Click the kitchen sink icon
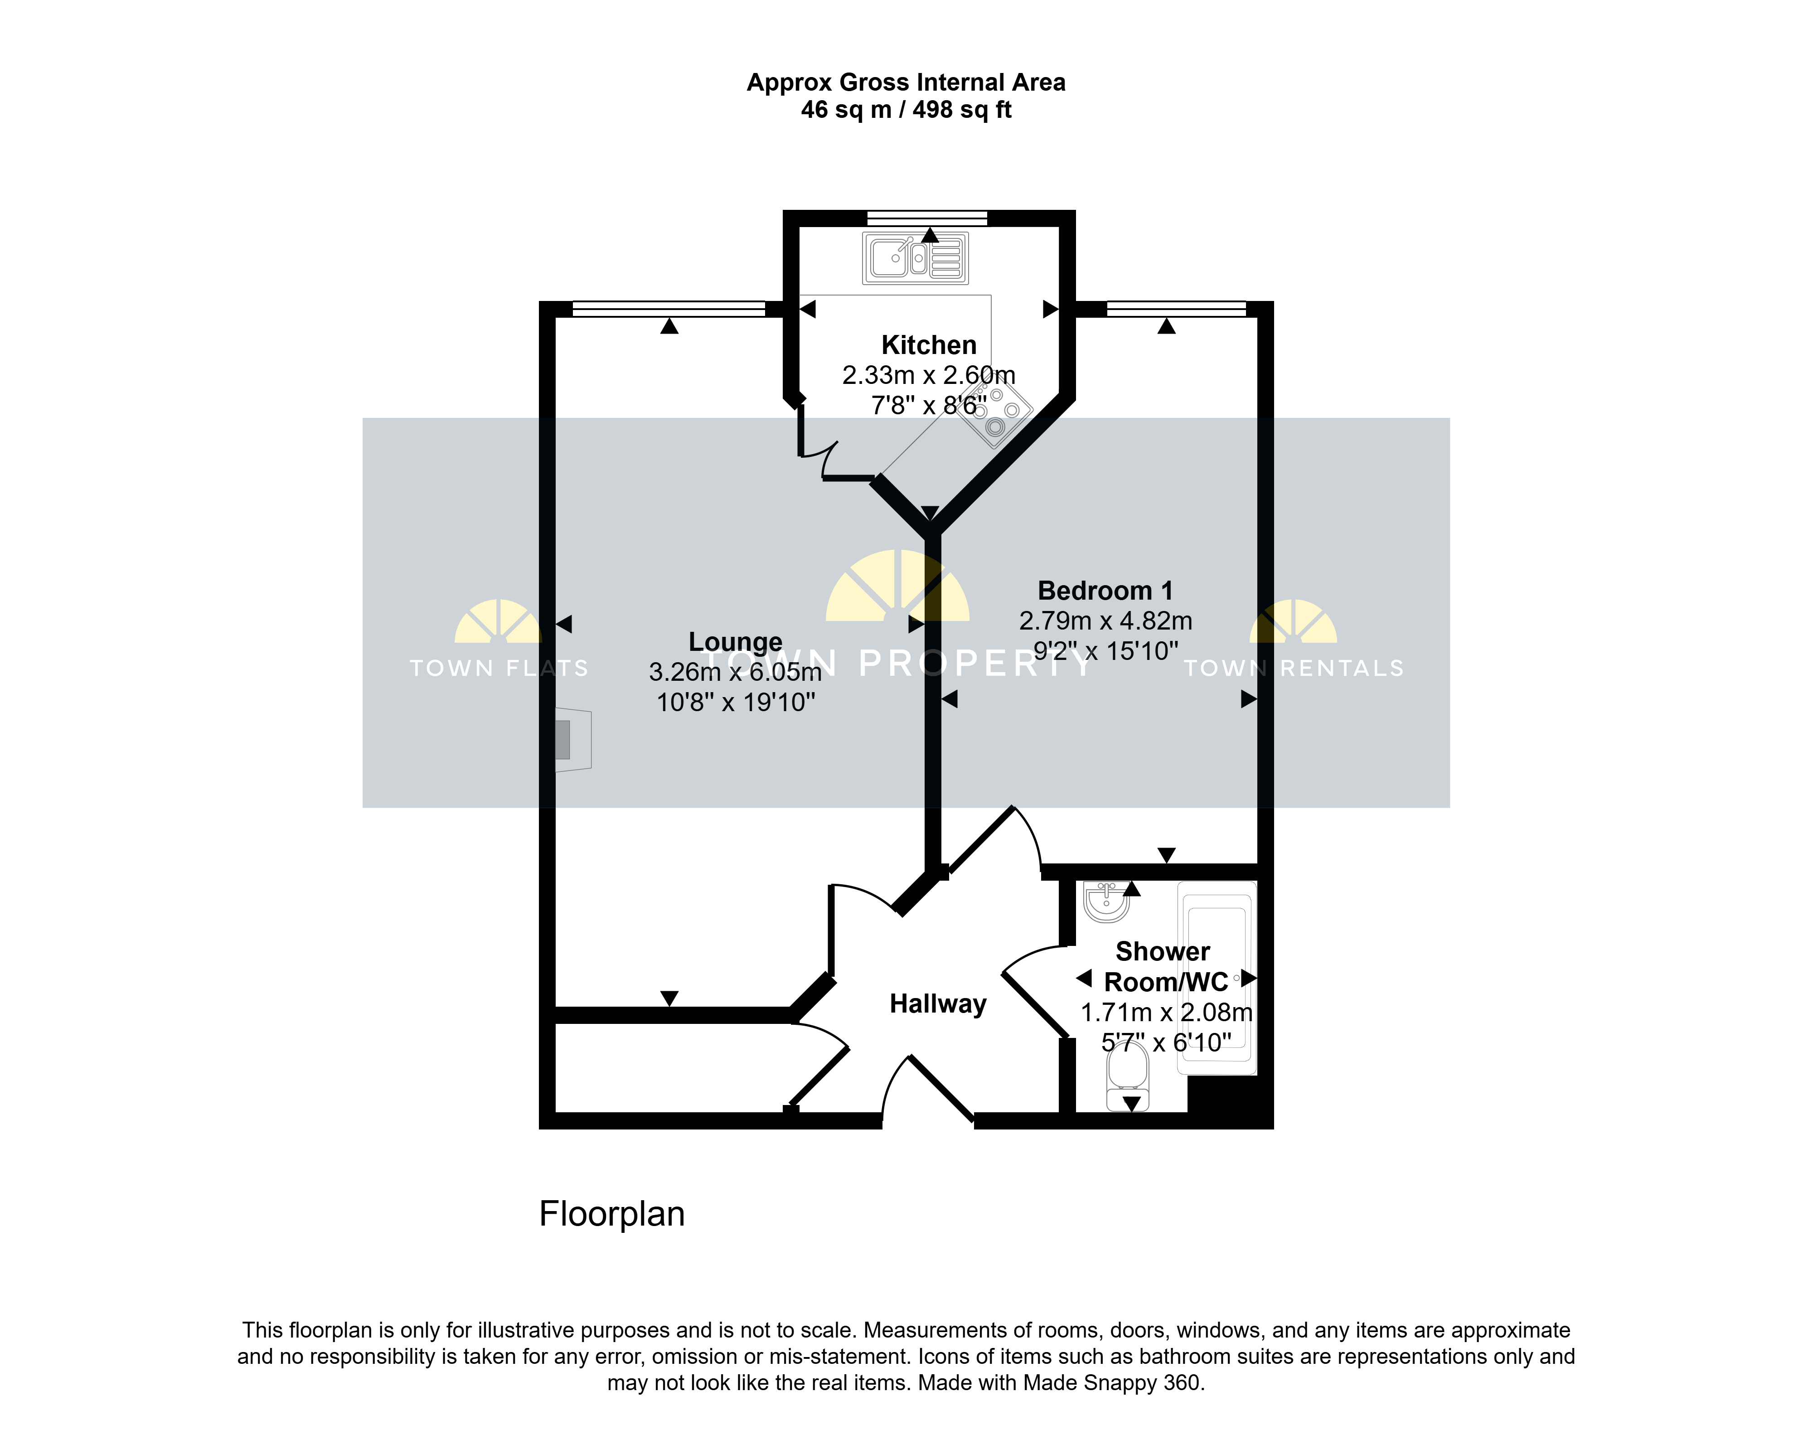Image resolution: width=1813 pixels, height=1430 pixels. click(x=916, y=258)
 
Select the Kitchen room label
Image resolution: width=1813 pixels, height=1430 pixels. click(x=929, y=345)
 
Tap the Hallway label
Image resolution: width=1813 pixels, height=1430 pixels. click(x=938, y=1003)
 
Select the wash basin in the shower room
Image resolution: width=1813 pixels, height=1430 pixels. click(x=1106, y=901)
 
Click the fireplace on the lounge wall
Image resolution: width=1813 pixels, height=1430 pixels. click(x=573, y=740)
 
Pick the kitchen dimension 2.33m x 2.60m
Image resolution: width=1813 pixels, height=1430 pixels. click(x=929, y=375)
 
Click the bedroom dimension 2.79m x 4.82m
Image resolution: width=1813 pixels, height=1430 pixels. click(x=1106, y=620)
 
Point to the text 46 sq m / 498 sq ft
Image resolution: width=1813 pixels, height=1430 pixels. click(x=906, y=110)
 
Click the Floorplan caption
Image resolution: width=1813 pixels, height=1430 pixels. click(x=612, y=1214)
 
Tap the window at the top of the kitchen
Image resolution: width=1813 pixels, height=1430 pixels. click(x=927, y=218)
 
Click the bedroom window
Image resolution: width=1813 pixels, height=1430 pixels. click(x=1177, y=310)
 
